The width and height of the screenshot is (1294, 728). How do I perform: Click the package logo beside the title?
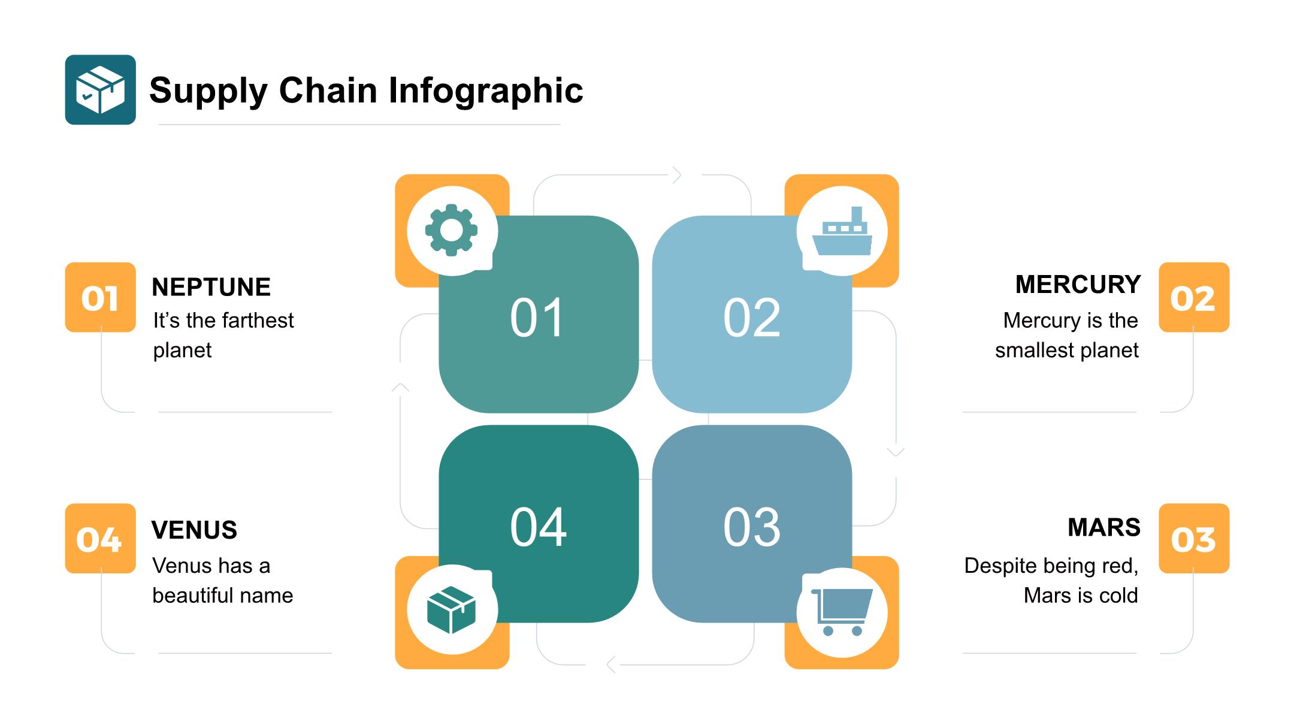100,90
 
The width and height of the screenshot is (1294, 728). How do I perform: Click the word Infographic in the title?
485,90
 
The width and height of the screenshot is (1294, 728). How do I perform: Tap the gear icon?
451,230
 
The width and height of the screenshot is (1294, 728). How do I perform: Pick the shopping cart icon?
842,612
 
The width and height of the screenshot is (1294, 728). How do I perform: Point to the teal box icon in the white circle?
451,610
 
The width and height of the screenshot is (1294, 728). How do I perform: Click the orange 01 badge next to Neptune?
100,298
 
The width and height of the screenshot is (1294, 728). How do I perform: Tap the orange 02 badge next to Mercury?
1193,298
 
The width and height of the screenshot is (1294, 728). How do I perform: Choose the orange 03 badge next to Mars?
1193,539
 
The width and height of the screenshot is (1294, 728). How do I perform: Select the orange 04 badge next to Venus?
100,539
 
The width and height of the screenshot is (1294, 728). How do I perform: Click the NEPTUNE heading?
211,287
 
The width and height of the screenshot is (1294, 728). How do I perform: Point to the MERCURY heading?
1078,285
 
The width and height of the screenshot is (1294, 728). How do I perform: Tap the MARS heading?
1103,527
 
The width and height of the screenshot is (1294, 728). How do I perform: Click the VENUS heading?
194,530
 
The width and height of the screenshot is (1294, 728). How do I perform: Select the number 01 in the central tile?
537,318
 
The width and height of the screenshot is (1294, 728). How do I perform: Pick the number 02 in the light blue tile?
752,318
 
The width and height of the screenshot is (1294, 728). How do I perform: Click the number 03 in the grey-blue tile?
752,527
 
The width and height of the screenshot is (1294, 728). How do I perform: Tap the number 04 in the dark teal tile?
538,527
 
